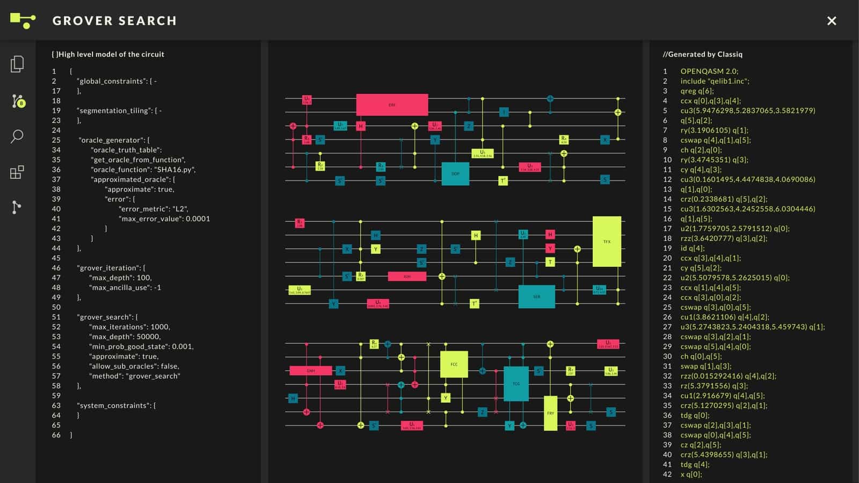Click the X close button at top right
tap(831, 21)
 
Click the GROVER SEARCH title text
tap(114, 21)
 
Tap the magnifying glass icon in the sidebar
tap(17, 136)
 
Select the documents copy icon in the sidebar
tap(17, 64)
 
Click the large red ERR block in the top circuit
tap(392, 105)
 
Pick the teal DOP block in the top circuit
tap(455, 173)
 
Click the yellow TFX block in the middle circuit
tap(607, 241)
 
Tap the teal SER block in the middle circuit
tap(536, 297)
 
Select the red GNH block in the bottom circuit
tap(310, 370)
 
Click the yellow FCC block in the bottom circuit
tap(454, 364)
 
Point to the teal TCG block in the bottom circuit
tap(516, 384)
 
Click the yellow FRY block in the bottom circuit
tap(550, 413)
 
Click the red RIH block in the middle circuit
tap(407, 276)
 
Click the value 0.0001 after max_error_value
tap(198, 218)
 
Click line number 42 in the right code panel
tap(667, 474)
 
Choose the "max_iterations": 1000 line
tap(129, 327)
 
